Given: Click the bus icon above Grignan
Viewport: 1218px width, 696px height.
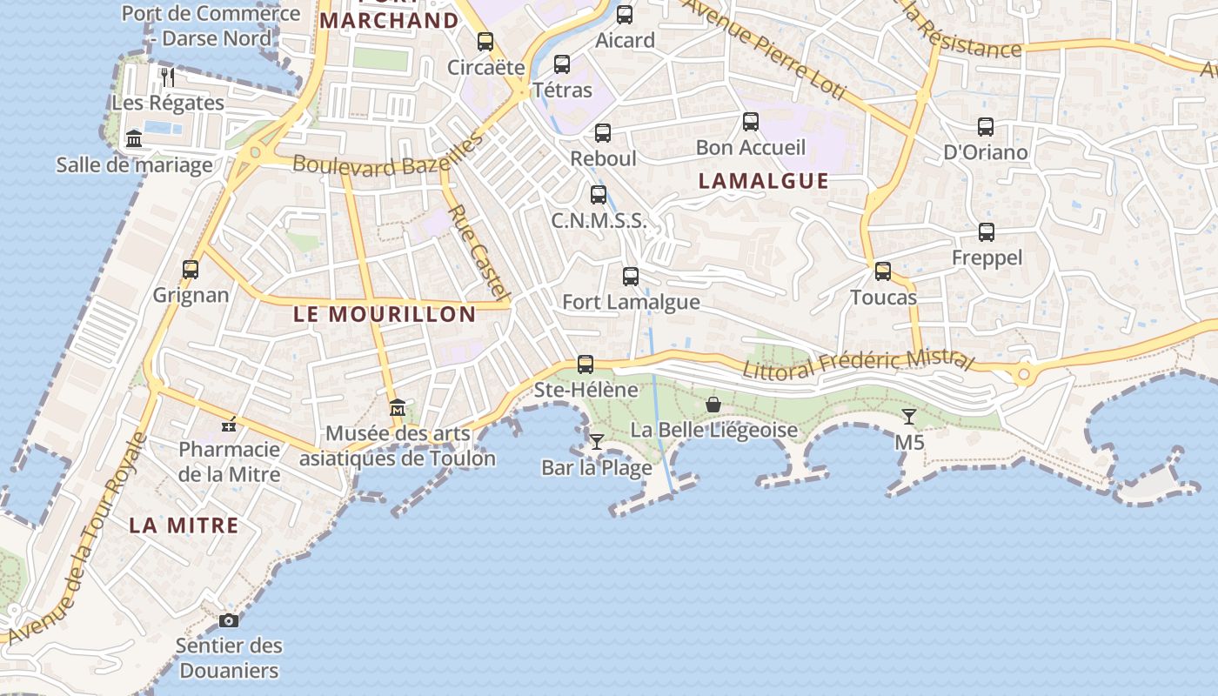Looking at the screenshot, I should [x=191, y=270].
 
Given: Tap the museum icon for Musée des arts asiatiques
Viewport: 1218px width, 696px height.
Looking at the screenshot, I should [x=398, y=407].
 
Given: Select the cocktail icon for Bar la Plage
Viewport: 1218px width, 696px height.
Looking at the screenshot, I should [x=597, y=442].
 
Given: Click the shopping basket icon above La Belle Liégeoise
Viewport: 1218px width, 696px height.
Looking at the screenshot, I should [x=713, y=405].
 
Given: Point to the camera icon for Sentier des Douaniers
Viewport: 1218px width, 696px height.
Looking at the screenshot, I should [x=229, y=620].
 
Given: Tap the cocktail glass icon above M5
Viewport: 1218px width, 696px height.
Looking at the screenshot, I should [x=909, y=417].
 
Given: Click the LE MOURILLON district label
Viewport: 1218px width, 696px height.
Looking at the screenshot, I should [x=385, y=314].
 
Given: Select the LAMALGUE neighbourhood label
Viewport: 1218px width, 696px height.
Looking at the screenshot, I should [x=764, y=181].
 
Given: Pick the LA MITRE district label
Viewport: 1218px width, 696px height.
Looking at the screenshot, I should [x=184, y=525].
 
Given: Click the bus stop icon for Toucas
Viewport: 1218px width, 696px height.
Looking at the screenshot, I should [x=883, y=271].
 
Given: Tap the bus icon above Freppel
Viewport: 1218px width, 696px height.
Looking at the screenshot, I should [x=986, y=232].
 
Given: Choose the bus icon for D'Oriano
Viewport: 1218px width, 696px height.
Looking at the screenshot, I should [x=985, y=127].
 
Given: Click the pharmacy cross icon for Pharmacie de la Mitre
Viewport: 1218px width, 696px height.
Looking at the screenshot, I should [x=229, y=425].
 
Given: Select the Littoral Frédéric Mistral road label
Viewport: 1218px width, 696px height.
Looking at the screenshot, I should [x=857, y=364].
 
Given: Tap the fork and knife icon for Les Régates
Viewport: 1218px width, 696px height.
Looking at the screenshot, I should [x=168, y=77].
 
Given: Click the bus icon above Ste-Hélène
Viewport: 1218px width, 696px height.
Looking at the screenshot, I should [x=586, y=365].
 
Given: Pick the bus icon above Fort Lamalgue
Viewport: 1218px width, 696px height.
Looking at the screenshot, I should [x=631, y=277].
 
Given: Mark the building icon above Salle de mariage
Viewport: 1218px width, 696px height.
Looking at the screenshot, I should [x=134, y=139].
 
